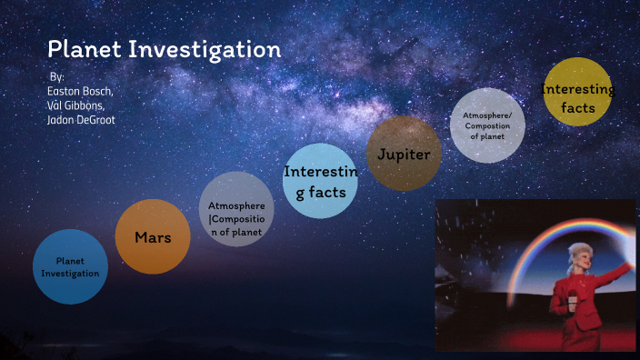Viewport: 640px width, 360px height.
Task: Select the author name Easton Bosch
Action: coord(80,91)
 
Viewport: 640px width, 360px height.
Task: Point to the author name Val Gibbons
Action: coord(78,105)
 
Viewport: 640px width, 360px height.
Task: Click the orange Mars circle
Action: coord(153,237)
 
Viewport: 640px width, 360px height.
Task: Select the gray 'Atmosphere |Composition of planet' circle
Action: coord(235,208)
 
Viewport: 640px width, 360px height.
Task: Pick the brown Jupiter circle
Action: coord(404,154)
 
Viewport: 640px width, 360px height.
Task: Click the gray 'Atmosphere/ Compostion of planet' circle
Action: coord(487,125)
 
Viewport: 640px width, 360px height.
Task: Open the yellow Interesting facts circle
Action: coord(577,91)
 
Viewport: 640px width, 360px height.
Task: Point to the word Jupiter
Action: coord(404,154)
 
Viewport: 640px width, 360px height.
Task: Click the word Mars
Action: coord(153,238)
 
